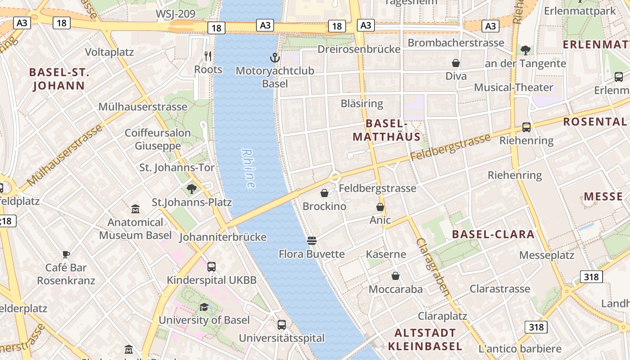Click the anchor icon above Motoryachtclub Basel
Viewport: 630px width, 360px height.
[x=274, y=58]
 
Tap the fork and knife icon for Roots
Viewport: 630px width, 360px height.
[x=208, y=56]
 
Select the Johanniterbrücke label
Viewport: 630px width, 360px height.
[x=223, y=237]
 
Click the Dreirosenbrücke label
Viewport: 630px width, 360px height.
[x=359, y=49]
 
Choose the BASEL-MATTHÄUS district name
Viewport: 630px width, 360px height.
[x=387, y=130]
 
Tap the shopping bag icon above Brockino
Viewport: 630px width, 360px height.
[x=324, y=193]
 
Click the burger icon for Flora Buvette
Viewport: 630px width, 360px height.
[x=312, y=241]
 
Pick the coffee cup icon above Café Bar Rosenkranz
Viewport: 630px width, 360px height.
[x=66, y=254]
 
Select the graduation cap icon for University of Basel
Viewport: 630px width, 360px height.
[x=204, y=307]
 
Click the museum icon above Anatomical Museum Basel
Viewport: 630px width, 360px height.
[x=135, y=209]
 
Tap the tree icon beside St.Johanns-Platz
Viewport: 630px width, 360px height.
[x=192, y=189]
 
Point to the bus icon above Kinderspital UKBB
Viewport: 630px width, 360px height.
[x=211, y=266]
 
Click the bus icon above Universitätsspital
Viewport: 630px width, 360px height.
[x=282, y=324]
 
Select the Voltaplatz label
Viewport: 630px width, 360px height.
[x=109, y=52]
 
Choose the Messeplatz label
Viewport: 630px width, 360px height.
[x=547, y=255]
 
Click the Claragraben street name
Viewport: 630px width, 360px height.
[x=433, y=267]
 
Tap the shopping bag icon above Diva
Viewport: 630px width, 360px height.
[x=456, y=63]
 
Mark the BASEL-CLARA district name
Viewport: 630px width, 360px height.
[x=493, y=234]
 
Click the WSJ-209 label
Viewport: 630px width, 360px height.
[x=175, y=14]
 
